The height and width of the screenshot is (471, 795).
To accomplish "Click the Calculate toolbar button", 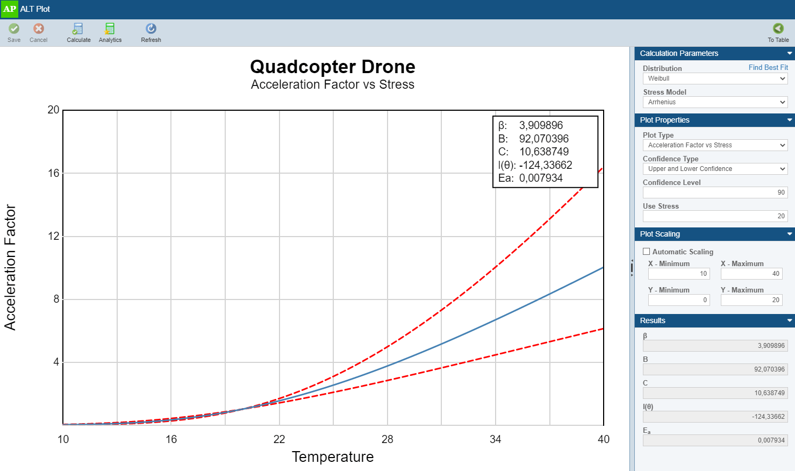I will click(x=78, y=32).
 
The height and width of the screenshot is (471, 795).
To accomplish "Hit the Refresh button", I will click(x=151, y=32).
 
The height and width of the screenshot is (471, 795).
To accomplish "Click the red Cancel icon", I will click(x=39, y=29).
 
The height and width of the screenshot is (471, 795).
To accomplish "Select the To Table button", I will click(x=778, y=32).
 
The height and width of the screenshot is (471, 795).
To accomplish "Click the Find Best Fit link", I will click(x=768, y=68).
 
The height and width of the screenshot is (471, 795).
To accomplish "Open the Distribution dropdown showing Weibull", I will click(x=715, y=78).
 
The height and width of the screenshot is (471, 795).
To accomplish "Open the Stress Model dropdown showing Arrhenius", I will click(x=715, y=102).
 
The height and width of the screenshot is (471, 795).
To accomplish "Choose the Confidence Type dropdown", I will click(x=715, y=169).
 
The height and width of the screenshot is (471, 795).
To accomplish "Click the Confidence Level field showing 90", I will click(x=715, y=192).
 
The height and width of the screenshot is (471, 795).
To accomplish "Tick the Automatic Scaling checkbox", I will click(x=647, y=252).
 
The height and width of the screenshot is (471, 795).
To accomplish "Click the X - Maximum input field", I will click(x=751, y=274).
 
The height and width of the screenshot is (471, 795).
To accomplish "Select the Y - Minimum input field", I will click(x=678, y=300).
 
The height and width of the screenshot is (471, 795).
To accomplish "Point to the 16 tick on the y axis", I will click(x=53, y=173).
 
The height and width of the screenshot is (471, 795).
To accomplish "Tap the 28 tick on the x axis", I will click(x=387, y=439).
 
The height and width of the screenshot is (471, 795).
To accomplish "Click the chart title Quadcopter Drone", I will click(x=332, y=67).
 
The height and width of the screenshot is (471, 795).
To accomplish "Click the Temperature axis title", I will click(x=332, y=457).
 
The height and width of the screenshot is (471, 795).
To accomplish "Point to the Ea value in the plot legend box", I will click(x=541, y=179).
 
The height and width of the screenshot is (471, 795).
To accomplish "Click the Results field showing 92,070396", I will click(x=715, y=369).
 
